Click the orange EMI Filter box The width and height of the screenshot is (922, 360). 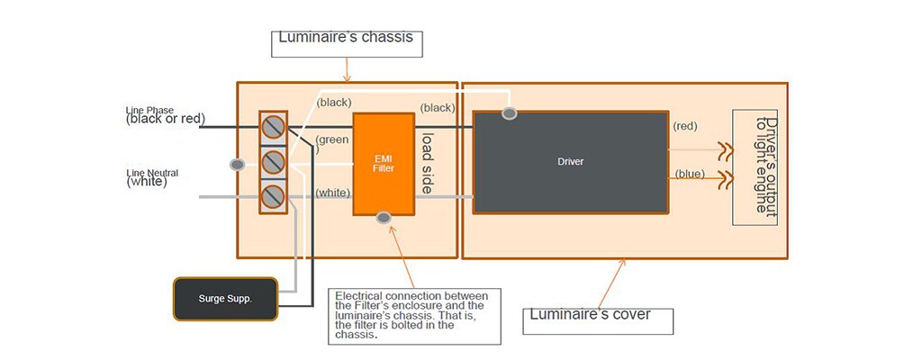[x=384, y=164]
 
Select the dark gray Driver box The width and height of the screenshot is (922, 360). [x=571, y=163]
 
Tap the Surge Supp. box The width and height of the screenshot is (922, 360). [x=225, y=298]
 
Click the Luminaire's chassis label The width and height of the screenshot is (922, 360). [x=348, y=39]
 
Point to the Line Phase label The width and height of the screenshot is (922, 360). [x=166, y=115]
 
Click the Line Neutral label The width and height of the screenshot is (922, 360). [x=148, y=177]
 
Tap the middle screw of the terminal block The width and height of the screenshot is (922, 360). [x=273, y=162]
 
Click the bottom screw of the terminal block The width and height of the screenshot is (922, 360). [x=273, y=195]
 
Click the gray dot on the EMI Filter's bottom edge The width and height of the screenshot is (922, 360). [x=384, y=217]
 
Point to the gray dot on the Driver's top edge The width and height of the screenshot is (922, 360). [x=510, y=113]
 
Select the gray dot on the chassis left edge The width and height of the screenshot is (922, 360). [x=238, y=165]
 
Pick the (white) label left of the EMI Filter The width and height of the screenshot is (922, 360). [x=332, y=193]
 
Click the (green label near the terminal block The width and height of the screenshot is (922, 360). [x=331, y=139]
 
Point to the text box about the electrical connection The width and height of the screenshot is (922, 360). [x=414, y=314]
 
